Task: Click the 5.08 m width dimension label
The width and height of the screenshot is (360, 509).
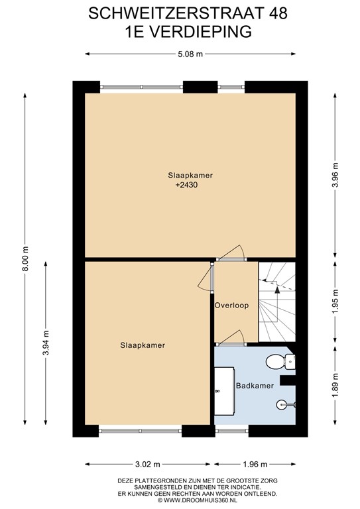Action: pyautogui.click(x=190, y=54)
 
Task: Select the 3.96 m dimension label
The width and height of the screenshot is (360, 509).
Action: pyautogui.click(x=335, y=175)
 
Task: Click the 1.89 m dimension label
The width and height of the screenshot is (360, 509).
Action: pyautogui.click(x=335, y=384)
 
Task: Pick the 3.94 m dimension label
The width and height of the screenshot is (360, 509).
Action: pyautogui.click(x=46, y=343)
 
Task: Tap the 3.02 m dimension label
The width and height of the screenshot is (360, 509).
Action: pyautogui.click(x=148, y=464)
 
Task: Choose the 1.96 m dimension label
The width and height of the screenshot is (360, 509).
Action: pyautogui.click(x=255, y=464)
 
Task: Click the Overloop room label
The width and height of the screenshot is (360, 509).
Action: pyautogui.click(x=232, y=306)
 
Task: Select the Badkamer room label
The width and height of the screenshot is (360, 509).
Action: pyautogui.click(x=255, y=386)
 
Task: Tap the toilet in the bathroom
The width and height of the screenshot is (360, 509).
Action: pyautogui.click(x=280, y=361)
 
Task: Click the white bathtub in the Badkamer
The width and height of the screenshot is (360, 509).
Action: pyautogui.click(x=224, y=391)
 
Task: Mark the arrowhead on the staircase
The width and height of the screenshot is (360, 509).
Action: pyautogui.click(x=277, y=290)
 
